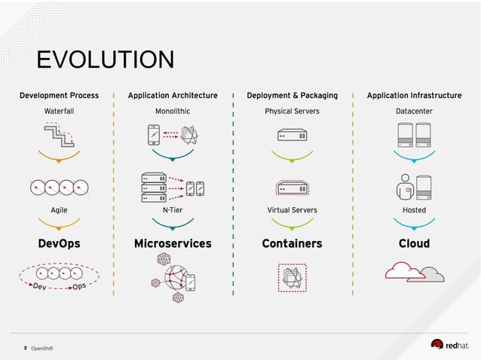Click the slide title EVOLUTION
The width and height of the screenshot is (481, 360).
click(x=105, y=60)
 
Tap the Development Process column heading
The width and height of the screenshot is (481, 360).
click(x=59, y=96)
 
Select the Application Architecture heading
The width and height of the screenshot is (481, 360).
click(x=173, y=96)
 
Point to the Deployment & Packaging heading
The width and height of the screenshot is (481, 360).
click(x=292, y=96)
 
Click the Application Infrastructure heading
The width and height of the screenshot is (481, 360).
click(x=414, y=96)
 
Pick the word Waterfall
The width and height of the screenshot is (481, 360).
click(x=59, y=111)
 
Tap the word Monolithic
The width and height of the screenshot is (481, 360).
click(x=173, y=111)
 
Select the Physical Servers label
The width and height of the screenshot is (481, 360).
click(x=292, y=111)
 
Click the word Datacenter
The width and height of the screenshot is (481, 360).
click(x=414, y=111)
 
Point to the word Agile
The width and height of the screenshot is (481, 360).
click(x=59, y=210)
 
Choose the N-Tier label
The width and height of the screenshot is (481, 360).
click(x=173, y=210)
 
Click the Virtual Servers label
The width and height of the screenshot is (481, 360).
click(x=292, y=210)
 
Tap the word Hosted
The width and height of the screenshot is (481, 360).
click(x=414, y=210)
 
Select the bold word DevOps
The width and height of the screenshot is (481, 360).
click(x=59, y=243)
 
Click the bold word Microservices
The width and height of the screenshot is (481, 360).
click(x=173, y=243)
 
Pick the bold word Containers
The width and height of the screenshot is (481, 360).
click(x=292, y=243)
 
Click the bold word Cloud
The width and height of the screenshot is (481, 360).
click(x=414, y=243)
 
